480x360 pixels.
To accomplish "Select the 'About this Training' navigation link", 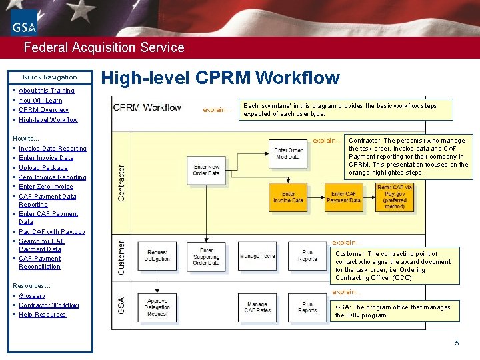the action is (46, 91).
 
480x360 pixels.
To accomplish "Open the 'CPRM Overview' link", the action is (43, 110).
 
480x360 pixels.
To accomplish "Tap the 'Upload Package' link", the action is (43, 168).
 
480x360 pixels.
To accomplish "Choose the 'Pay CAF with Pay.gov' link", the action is (51, 232).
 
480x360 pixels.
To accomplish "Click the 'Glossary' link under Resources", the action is (32, 296).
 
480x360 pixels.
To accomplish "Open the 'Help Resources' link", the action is (42, 315).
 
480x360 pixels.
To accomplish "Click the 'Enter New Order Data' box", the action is (207, 169).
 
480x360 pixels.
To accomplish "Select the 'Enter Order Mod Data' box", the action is (288, 153).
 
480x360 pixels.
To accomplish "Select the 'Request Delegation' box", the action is (157, 255).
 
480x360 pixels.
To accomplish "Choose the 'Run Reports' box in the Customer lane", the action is (308, 255).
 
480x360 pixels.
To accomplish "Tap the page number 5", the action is (457, 343).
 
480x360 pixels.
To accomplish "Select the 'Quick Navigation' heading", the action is (49, 77).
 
